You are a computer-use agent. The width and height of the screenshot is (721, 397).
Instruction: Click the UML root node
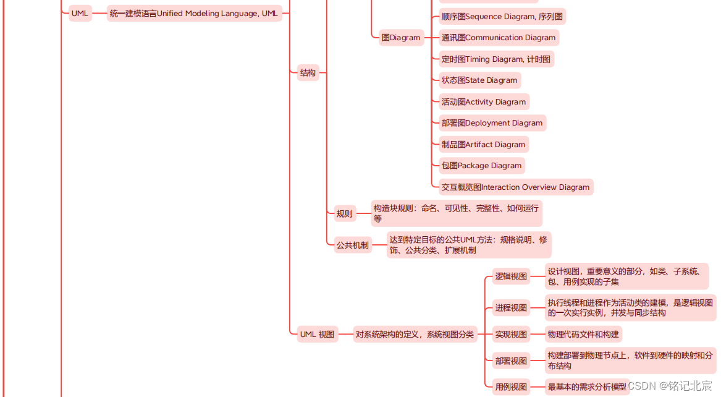tap(80, 13)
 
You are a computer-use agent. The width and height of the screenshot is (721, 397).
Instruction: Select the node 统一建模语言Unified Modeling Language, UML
tap(194, 13)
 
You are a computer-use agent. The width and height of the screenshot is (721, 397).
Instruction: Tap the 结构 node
tap(308, 72)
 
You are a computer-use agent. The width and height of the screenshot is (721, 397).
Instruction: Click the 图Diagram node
tap(401, 38)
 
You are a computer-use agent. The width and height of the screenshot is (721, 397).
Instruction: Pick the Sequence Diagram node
tap(502, 17)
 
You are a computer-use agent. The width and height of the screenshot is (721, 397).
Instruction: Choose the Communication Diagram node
tap(499, 38)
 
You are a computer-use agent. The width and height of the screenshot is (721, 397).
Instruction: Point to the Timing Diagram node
tap(496, 59)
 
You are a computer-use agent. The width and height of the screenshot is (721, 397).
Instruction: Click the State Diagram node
tap(479, 80)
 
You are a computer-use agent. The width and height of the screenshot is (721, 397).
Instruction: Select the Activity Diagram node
tap(484, 102)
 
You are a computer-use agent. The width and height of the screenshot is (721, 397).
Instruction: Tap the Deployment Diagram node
tap(492, 123)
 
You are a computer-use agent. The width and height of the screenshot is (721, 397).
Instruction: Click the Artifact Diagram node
tap(483, 145)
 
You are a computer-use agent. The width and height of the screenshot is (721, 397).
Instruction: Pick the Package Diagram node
tap(481, 166)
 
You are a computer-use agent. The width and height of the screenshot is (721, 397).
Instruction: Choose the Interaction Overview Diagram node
tap(515, 187)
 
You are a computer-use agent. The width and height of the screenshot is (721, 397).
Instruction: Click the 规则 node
tap(345, 214)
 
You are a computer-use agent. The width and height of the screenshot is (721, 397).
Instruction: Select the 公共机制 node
tap(353, 245)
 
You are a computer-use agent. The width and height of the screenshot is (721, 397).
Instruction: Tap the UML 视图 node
tap(317, 335)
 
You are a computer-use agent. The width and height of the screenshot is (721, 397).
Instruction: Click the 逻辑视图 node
tap(512, 276)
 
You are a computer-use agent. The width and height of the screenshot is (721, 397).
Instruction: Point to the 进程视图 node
tap(512, 308)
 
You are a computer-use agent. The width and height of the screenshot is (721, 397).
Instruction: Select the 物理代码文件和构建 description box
tap(583, 335)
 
